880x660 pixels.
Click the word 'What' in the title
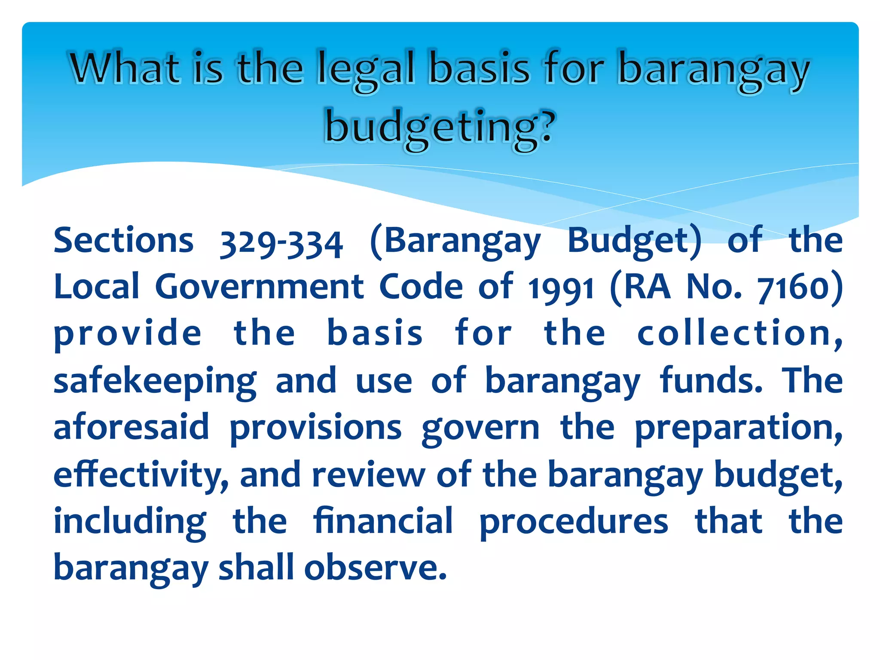125,69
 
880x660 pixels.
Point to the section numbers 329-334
281,243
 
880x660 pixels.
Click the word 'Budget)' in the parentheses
634,241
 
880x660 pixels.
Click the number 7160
793,287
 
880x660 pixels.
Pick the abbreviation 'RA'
647,287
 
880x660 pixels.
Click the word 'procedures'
574,522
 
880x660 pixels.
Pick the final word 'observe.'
376,568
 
